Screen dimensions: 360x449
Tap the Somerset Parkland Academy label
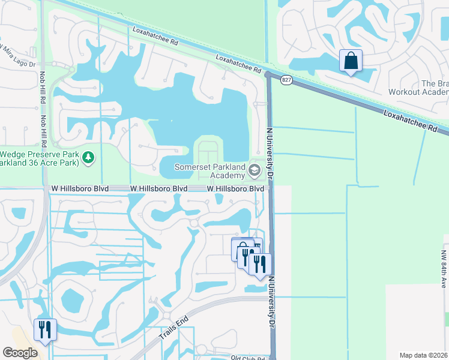[x=211, y=170]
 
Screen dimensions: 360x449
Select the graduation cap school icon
[x=255, y=172]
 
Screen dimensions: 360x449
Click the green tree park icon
[x=89, y=157]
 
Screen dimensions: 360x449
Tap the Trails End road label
[x=174, y=328]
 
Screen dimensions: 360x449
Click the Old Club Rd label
[x=248, y=358]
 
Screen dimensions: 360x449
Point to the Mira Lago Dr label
[x=17, y=54]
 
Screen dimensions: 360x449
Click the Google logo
[x=20, y=352]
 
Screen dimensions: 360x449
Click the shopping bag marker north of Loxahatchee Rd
[x=351, y=61]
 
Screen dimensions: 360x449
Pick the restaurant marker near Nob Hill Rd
[x=45, y=330]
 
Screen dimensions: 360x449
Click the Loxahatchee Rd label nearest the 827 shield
[x=238, y=64]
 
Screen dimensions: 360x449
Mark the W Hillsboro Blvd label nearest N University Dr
[x=236, y=188]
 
